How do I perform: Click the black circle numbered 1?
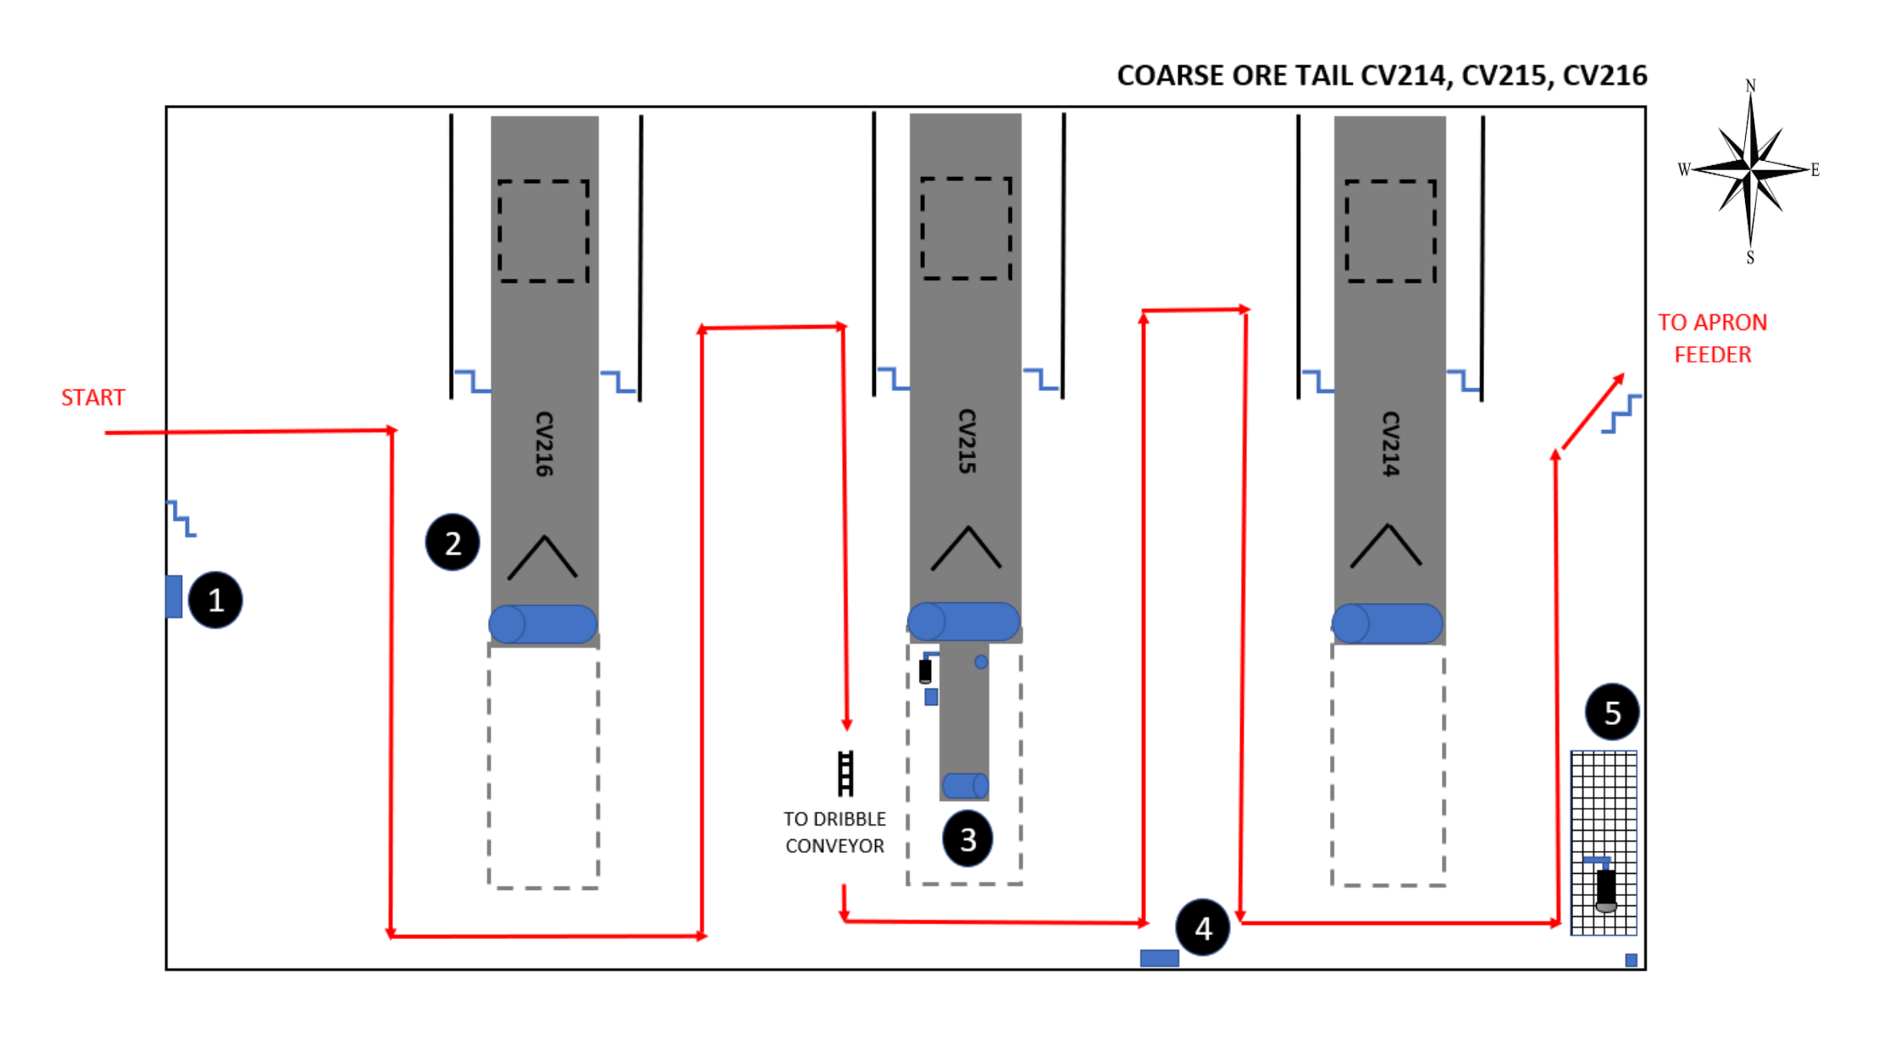(215, 600)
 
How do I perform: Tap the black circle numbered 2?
(452, 542)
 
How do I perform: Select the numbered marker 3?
(967, 838)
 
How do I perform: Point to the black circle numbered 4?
(1203, 928)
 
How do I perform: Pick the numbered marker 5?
(1612, 712)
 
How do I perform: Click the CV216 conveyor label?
(544, 444)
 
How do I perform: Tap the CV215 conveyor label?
(967, 441)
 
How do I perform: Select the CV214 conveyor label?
(1390, 444)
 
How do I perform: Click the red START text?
(93, 397)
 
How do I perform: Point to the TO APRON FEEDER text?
(1712, 338)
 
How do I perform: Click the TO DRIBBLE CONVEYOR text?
(834, 832)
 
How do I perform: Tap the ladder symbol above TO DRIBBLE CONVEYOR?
(845, 773)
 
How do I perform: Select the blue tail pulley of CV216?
(543, 624)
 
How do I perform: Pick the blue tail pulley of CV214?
(1388, 623)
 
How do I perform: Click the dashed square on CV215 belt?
(966, 228)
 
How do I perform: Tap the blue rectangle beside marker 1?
(174, 596)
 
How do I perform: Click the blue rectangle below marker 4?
(1159, 958)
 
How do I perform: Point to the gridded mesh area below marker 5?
(1604, 843)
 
